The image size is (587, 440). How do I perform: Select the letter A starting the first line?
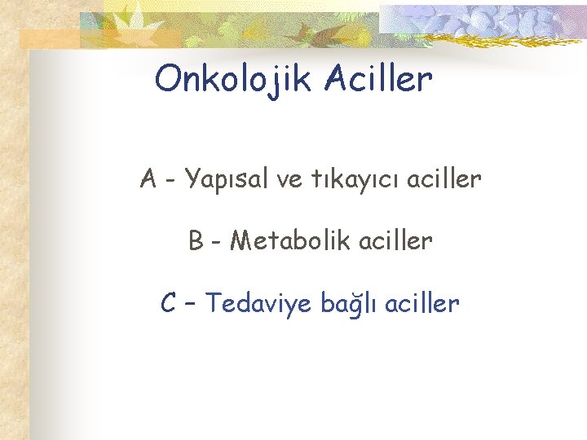pos(148,178)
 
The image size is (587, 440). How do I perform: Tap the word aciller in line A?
pos(444,178)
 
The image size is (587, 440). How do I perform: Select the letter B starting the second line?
pos(196,241)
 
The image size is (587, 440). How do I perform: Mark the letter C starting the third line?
pos(169,304)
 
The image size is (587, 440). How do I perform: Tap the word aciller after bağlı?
pos(422,304)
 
